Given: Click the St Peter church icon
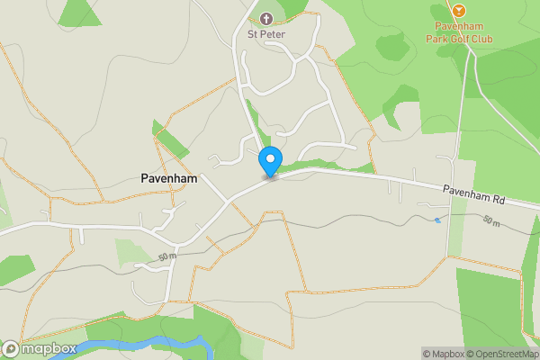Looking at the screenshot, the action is pos(265,18).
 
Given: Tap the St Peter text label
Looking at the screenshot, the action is pos(265,35).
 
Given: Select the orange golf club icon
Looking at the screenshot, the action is pos(459,10).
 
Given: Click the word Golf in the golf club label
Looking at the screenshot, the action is pos(464,38).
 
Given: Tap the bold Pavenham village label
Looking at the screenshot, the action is pos(170,178).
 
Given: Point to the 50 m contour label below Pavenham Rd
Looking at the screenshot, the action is pos(491,220).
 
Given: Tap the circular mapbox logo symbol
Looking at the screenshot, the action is pos(11,348).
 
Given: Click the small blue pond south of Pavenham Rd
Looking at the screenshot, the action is pos(437,220).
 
